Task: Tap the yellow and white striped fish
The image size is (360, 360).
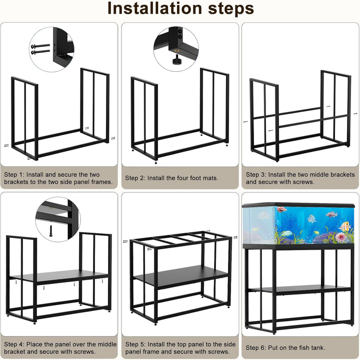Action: click(x=344, y=227)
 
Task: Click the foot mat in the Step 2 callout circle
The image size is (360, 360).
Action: click(x=177, y=62)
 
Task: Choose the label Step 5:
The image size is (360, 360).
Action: click(x=135, y=345)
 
